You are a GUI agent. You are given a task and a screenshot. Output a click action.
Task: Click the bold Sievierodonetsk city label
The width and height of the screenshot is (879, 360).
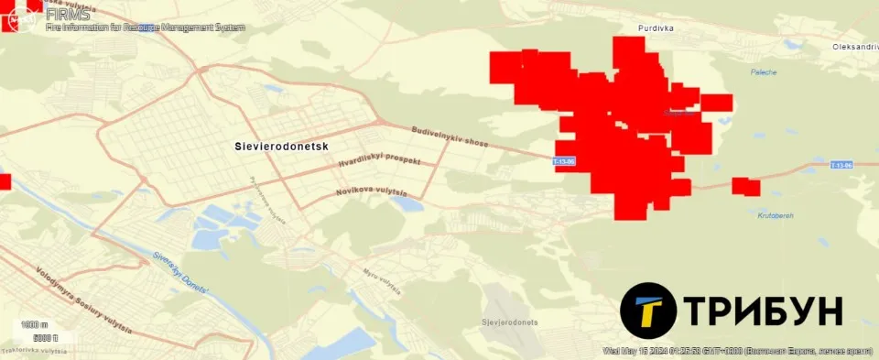click(281, 146)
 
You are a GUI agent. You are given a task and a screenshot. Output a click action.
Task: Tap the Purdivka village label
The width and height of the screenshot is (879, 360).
click(657, 28)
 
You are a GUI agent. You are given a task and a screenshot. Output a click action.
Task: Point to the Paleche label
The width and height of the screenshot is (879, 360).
click(763, 71)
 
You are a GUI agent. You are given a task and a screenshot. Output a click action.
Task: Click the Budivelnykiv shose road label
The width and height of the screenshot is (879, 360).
click(450, 138)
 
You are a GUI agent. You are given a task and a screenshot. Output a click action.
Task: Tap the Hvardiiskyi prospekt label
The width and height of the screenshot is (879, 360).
click(379, 160)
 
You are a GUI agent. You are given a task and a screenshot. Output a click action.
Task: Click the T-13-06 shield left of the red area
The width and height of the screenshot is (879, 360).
click(564, 162)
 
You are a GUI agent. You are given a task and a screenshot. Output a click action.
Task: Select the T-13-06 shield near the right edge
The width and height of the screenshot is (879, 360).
click(841, 165)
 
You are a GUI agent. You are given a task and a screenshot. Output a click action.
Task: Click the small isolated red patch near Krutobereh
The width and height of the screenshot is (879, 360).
click(746, 187)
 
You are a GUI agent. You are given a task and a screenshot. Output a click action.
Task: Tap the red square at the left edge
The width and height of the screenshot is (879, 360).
click(5, 181)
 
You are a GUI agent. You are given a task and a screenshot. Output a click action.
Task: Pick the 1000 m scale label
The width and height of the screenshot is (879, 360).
click(34, 325)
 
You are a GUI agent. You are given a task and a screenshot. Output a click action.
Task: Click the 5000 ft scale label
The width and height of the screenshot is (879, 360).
click(45, 338)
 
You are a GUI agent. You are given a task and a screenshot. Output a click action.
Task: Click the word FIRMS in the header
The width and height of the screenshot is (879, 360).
click(68, 14)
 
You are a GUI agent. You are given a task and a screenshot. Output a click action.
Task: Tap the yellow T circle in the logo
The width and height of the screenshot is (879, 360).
click(648, 311)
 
